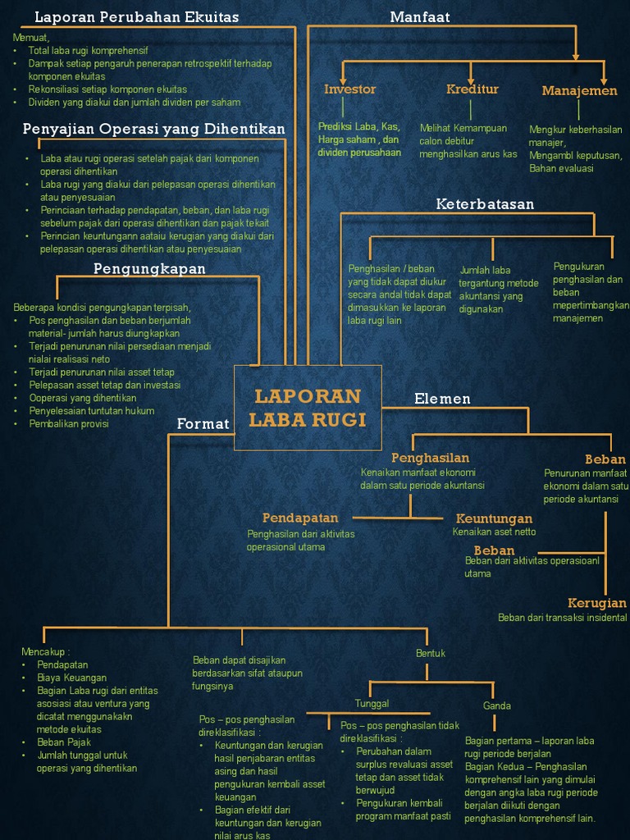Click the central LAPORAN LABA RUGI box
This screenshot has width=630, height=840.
[x=308, y=408]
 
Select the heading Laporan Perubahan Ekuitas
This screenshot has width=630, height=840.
[x=136, y=16]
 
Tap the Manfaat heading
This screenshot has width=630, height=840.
[x=420, y=16]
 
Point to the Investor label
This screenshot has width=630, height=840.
[x=349, y=89]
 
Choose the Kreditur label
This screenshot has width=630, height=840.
[x=472, y=89]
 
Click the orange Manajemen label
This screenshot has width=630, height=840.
[x=579, y=90]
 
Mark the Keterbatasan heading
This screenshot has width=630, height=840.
[x=485, y=203]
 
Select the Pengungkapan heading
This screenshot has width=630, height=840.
[x=149, y=268]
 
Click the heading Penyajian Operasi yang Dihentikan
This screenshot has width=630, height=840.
[x=154, y=129]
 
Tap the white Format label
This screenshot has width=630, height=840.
[x=203, y=423]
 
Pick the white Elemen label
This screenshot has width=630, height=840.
[x=442, y=399]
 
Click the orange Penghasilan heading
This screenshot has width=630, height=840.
[x=430, y=458]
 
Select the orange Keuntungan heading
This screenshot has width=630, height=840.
[x=494, y=518]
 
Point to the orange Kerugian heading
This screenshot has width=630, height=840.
[x=597, y=603]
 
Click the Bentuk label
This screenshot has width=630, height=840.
[x=431, y=653]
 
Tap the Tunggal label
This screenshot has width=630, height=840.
[x=372, y=703]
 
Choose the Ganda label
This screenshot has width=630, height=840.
[x=497, y=705]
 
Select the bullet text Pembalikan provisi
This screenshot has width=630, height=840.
[x=69, y=423]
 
